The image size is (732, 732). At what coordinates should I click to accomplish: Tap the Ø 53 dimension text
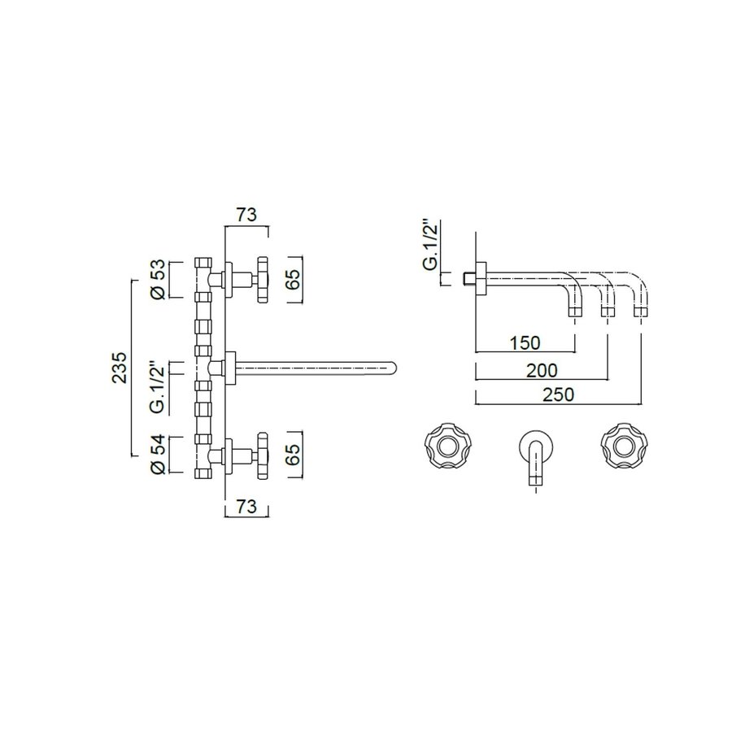tap(160, 278)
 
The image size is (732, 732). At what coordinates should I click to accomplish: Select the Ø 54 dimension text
tap(160, 455)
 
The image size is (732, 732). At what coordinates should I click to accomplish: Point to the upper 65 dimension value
tap(294, 279)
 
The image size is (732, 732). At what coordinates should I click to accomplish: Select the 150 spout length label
tap(525, 342)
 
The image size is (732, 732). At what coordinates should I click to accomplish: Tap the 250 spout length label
tap(557, 395)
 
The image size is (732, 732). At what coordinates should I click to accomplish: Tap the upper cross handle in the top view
tap(263, 280)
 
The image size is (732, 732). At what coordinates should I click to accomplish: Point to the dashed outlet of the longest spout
tap(641, 310)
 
